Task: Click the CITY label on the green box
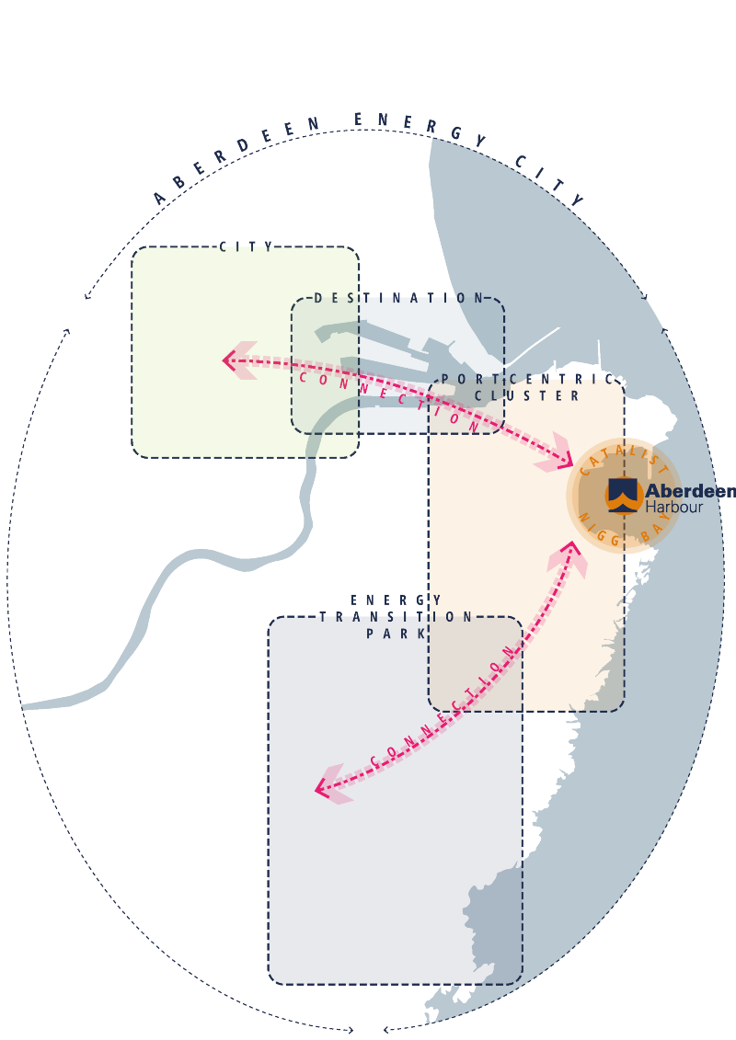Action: tap(247, 246)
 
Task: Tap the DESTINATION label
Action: tap(398, 298)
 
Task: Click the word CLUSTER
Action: tap(527, 395)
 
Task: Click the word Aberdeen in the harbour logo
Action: tap(690, 491)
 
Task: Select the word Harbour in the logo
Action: tap(673, 507)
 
